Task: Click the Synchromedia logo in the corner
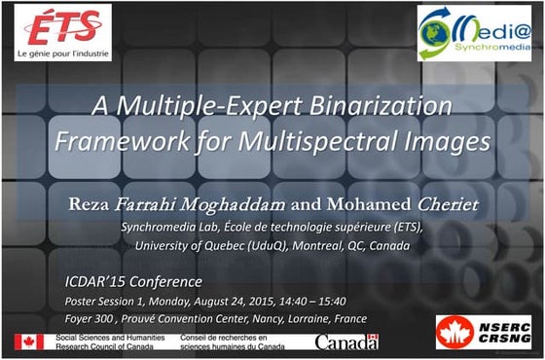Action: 474,32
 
